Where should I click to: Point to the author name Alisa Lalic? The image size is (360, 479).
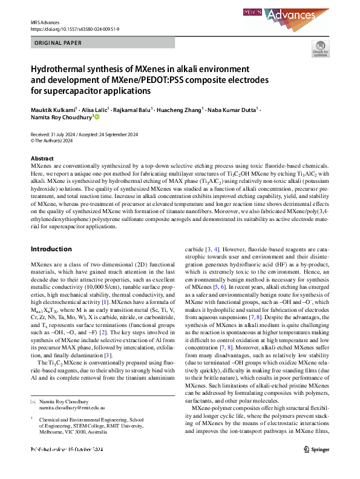pyautogui.click(x=92, y=110)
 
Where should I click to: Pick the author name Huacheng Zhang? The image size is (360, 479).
pyautogui.click(x=177, y=110)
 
